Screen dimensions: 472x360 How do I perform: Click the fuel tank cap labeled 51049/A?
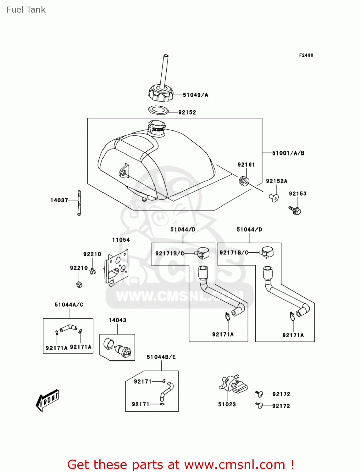[x=161, y=93]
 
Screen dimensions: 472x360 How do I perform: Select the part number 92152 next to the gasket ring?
[x=187, y=112]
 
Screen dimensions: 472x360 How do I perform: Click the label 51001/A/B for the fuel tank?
[x=288, y=153]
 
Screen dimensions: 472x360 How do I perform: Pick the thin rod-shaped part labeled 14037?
[x=79, y=203]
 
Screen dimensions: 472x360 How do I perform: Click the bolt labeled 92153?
[x=295, y=210]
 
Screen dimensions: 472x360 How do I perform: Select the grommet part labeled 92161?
[x=244, y=181]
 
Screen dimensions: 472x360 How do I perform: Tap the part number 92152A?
[x=276, y=181]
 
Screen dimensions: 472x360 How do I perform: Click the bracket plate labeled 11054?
[x=116, y=267]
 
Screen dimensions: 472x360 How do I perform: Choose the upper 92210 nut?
[x=92, y=271]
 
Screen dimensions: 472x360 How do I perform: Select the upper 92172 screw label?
[x=281, y=394]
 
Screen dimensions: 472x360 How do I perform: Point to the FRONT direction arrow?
[x=47, y=400]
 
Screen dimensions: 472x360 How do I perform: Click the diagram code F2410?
[x=306, y=55]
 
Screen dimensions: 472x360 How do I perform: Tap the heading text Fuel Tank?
[x=26, y=10]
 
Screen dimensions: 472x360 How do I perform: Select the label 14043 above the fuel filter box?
[x=117, y=320]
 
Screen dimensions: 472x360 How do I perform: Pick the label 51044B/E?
[x=161, y=357]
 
